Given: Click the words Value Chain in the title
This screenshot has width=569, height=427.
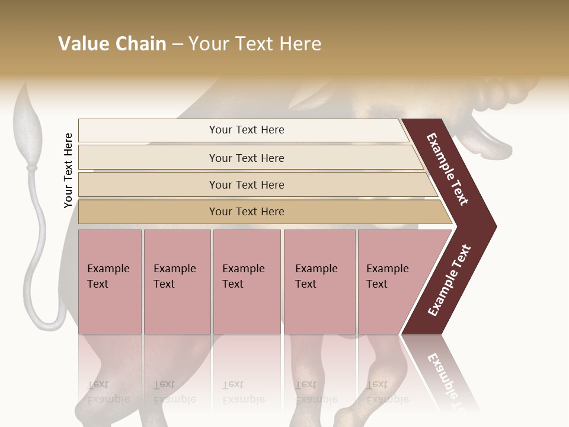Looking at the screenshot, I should click(x=112, y=44).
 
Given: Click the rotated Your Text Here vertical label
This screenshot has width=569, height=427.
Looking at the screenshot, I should click(x=68, y=170).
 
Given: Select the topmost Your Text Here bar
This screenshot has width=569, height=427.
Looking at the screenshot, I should click(x=246, y=130).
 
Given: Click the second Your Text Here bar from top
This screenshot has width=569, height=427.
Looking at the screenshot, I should click(x=246, y=158).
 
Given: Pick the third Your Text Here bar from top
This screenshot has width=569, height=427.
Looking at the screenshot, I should click(x=246, y=184).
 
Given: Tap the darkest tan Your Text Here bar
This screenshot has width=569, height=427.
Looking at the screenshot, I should click(x=246, y=212).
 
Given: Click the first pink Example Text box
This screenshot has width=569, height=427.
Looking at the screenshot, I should click(x=110, y=282).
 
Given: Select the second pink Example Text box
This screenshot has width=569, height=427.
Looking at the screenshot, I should click(x=177, y=282).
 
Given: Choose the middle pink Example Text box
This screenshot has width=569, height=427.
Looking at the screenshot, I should click(x=247, y=282).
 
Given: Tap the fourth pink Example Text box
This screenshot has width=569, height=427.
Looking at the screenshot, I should click(x=319, y=282).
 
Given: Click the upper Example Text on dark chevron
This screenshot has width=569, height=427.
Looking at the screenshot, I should click(x=447, y=170).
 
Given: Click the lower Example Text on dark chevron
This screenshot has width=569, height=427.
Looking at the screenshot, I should click(x=449, y=281).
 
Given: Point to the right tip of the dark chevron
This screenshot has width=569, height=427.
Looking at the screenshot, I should click(x=495, y=227).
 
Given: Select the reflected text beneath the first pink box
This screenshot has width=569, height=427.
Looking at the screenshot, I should click(x=108, y=393).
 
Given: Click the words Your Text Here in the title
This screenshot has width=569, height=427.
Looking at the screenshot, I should click(x=255, y=44).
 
